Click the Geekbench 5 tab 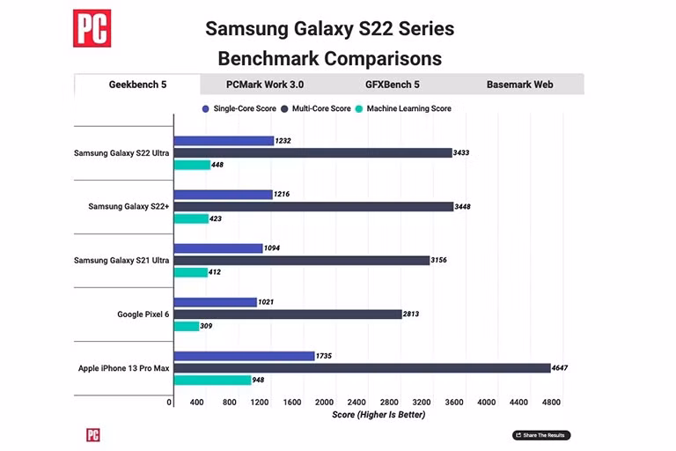coord(137,85)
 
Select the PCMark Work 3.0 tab coord(265,85)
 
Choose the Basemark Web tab coord(519,85)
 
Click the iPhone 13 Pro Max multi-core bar coord(361,368)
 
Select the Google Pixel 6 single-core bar coord(215,302)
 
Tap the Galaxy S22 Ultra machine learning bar coord(192,165)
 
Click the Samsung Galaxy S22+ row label coord(129,207)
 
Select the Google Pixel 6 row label coord(143,314)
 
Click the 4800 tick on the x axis coord(550,403)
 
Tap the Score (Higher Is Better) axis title coord(378,415)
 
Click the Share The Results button coord(541,435)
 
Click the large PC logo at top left coord(92,28)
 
